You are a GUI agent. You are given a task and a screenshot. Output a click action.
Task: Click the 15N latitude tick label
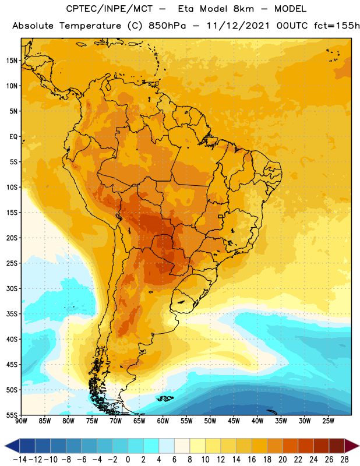(x=12, y=61)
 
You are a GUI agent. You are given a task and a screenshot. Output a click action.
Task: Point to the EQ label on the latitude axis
(x=13, y=137)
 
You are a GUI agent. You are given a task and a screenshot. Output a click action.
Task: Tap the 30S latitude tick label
(x=12, y=288)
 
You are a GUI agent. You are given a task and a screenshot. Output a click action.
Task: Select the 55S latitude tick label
(x=12, y=415)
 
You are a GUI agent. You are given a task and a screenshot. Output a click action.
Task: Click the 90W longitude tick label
(x=21, y=421)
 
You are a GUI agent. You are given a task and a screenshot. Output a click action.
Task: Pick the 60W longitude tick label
(x=163, y=421)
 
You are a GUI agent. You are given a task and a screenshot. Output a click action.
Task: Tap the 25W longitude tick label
(x=328, y=421)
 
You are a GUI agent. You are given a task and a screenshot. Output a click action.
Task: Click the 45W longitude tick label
(x=234, y=421)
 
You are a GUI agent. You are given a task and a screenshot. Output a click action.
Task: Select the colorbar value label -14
(x=20, y=460)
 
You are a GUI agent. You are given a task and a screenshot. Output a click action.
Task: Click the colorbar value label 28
(x=344, y=460)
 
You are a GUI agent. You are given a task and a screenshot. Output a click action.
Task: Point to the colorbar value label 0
(x=128, y=460)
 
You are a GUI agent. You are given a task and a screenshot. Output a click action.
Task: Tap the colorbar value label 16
(x=252, y=460)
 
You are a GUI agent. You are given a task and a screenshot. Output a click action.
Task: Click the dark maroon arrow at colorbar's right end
(x=351, y=446)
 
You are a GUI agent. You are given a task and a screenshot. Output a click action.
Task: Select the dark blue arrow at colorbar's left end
(x=12, y=446)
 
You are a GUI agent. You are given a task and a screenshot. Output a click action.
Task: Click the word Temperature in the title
(x=90, y=26)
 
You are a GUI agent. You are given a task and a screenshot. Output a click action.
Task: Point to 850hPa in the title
(x=167, y=26)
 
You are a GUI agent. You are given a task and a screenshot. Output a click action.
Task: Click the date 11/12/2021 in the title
(x=238, y=26)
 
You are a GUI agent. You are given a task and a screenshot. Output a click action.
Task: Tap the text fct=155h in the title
(x=337, y=26)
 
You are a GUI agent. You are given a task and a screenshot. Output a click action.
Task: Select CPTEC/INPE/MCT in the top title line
(x=110, y=9)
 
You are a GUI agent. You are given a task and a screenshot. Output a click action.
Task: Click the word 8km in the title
(x=243, y=9)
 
